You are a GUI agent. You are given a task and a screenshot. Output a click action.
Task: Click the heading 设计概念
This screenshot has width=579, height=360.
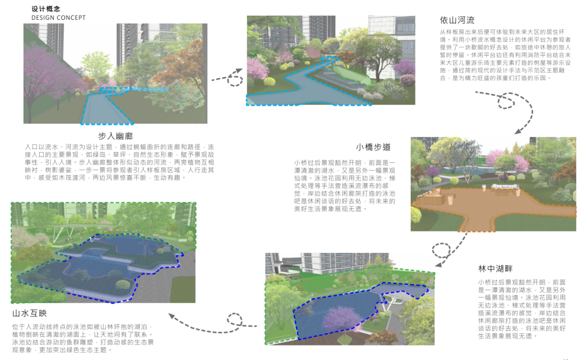[x=46, y=9]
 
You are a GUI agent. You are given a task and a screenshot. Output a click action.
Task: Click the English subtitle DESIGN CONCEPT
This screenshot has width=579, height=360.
[x=58, y=18]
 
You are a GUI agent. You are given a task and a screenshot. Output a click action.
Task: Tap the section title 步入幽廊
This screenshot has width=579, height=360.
[x=115, y=136]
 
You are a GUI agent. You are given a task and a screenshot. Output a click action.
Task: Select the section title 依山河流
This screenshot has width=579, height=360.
[x=457, y=20]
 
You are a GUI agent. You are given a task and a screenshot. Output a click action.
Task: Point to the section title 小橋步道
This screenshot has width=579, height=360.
[x=373, y=147]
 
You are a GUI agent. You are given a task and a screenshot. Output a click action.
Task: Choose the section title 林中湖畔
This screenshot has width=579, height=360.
[x=495, y=268]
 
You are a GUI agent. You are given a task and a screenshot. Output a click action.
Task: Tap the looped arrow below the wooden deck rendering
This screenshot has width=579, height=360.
[x=443, y=247]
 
